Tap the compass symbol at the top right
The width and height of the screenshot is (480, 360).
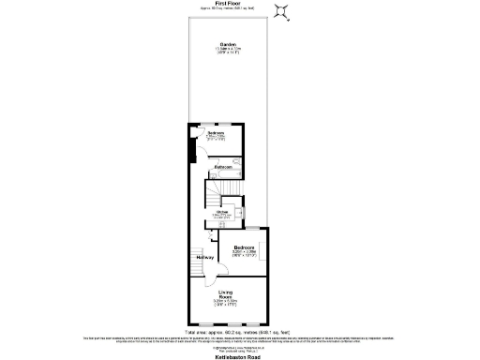tap(280, 10)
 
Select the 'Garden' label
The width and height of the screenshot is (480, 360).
tap(227, 44)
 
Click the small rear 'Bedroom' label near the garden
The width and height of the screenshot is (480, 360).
tap(215, 134)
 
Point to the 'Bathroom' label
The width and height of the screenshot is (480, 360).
tap(223, 167)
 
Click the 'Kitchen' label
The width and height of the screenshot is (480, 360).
tap(223, 212)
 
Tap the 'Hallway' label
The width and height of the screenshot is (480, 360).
tap(203, 257)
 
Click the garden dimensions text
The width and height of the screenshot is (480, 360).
tap(227, 52)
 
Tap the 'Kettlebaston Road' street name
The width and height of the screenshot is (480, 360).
tap(230, 354)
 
